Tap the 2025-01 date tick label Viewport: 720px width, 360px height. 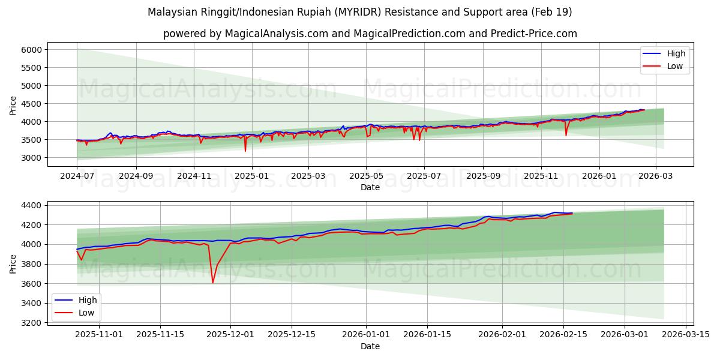point(251,177)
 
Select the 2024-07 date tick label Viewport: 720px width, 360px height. point(77,177)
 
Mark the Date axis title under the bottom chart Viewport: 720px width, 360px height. point(370,346)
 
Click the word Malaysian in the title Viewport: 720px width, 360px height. point(174,12)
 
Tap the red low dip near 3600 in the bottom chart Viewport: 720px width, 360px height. point(213,282)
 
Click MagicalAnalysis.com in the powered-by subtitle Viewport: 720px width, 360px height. point(277,34)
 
